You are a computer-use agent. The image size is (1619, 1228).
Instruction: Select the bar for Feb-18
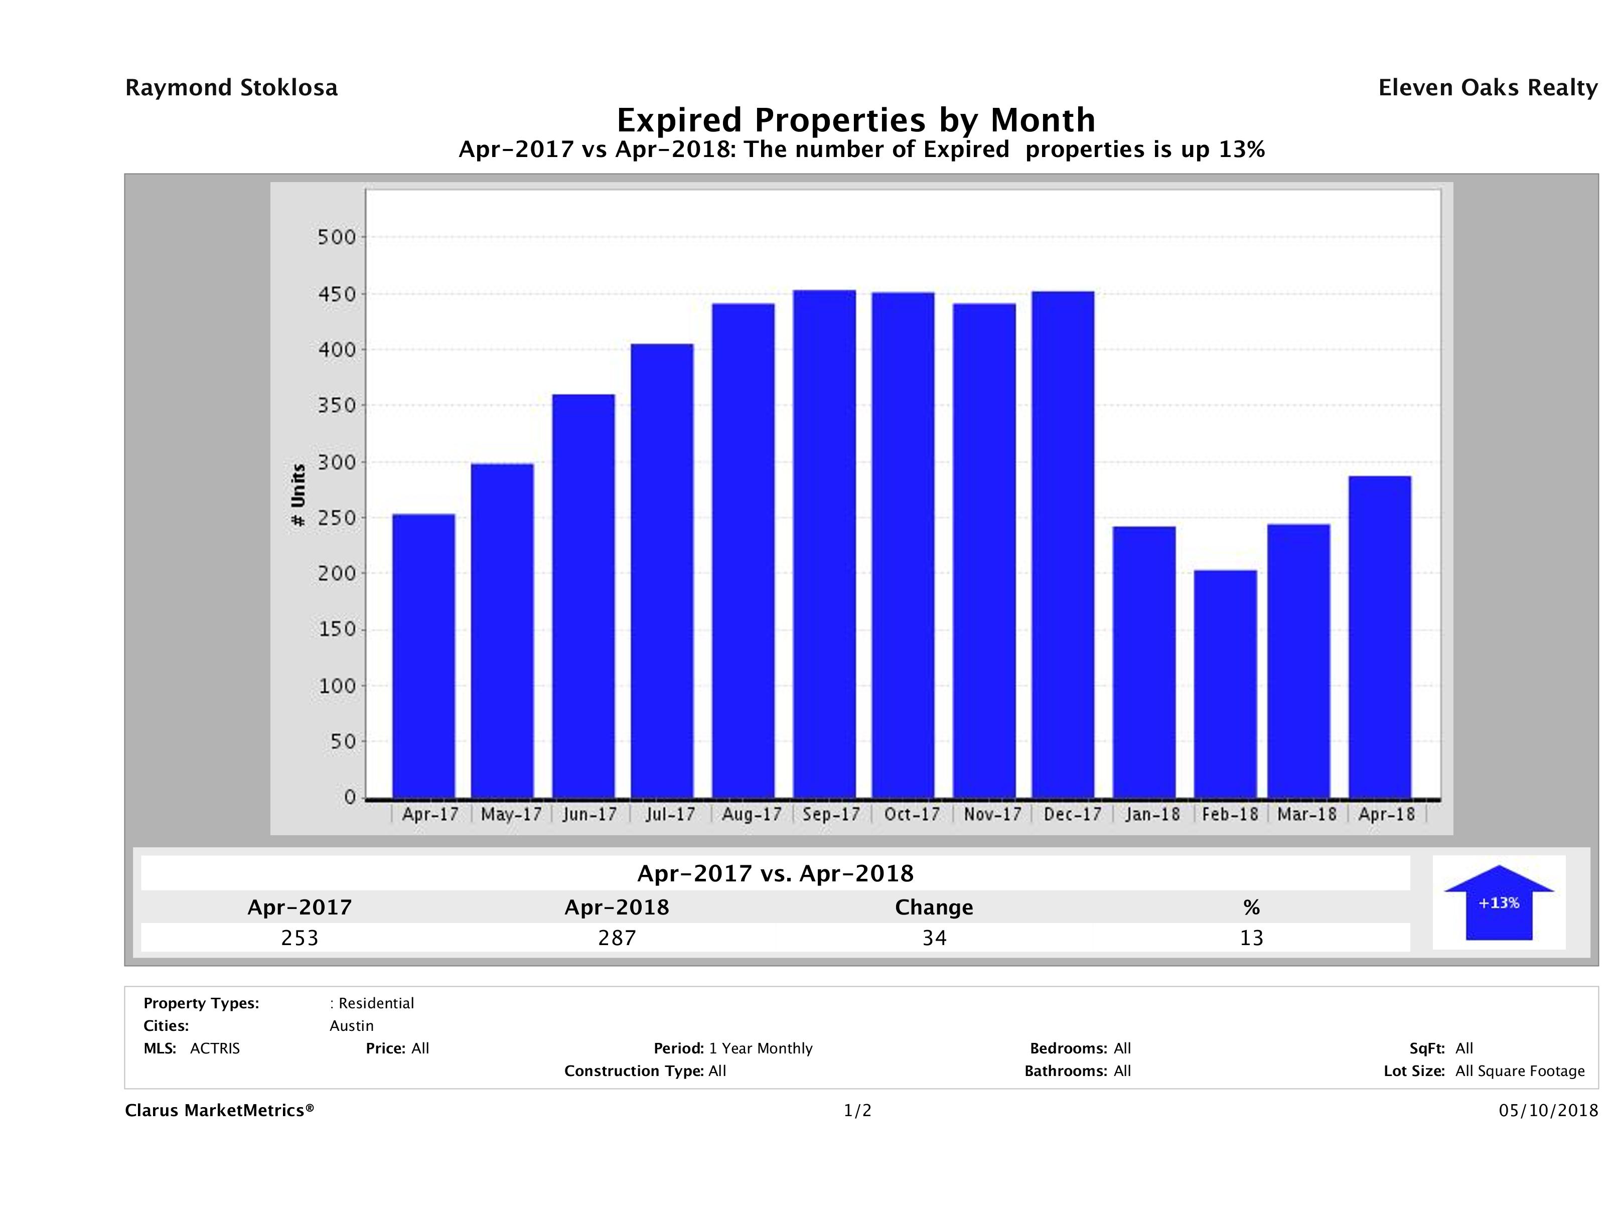[1225, 684]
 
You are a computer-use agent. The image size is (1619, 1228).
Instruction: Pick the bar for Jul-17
[662, 571]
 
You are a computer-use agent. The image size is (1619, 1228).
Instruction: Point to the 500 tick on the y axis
[337, 237]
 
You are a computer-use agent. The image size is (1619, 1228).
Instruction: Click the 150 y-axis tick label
[337, 630]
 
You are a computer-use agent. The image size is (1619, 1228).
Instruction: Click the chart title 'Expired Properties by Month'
[855, 120]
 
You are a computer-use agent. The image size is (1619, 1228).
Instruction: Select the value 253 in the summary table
[300, 938]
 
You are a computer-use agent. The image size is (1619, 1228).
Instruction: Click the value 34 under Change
[934, 938]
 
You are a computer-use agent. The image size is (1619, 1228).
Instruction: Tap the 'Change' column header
[934, 907]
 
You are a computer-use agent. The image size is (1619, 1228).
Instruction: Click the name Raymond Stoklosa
[231, 88]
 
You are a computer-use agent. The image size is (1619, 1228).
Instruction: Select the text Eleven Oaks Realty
[1487, 88]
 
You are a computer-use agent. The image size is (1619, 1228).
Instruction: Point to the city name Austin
[351, 1026]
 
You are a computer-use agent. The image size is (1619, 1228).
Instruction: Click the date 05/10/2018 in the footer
[1548, 1111]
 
